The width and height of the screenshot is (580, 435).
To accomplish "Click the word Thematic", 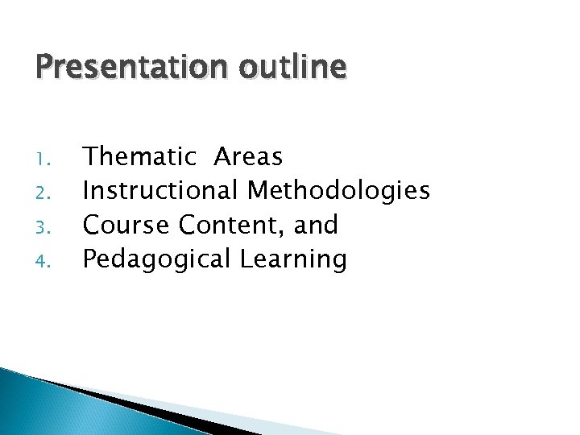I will (140, 156).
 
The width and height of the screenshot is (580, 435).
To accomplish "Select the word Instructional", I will (160, 191).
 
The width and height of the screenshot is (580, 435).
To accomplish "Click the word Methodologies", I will (338, 191).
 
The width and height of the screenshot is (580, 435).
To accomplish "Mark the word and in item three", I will (316, 225).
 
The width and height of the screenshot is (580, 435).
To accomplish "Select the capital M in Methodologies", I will (259, 190).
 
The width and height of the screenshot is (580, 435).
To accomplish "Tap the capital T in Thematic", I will (92, 156).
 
